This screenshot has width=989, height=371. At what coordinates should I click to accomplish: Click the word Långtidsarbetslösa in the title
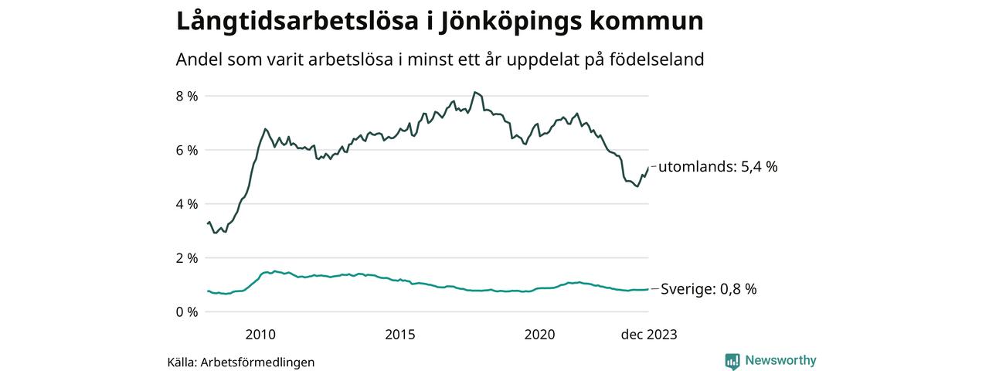291,21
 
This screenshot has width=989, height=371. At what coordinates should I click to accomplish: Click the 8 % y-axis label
187,96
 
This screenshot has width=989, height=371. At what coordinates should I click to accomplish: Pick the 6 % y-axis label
187,150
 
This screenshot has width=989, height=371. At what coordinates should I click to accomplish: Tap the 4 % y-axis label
187,204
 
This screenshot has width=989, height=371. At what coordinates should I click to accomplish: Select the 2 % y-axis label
187,258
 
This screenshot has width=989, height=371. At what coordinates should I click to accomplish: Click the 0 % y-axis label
187,312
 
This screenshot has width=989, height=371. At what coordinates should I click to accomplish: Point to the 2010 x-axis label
260,335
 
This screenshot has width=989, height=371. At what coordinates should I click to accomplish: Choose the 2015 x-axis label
400,335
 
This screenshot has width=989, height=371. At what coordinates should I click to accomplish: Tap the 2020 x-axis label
539,335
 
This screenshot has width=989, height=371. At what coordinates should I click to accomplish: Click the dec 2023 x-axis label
649,335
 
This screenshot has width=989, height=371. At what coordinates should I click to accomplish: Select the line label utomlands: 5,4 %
717,166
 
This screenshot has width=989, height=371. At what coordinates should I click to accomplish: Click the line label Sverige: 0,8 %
709,289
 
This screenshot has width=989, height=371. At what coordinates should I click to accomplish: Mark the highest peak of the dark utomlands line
474,92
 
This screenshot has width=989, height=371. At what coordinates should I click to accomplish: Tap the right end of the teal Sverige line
647,289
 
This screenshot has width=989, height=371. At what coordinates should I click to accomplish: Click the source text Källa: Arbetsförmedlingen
241,362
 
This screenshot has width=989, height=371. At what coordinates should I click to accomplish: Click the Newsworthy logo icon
732,361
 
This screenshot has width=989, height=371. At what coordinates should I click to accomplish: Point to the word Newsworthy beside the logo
780,360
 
